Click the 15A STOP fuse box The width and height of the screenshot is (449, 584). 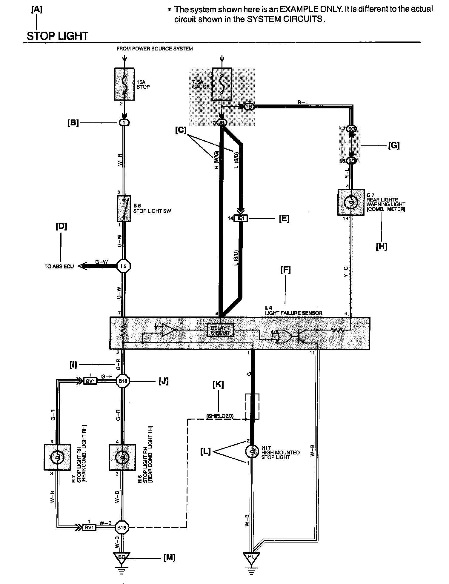(124, 84)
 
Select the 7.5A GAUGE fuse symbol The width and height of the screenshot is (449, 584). (222, 84)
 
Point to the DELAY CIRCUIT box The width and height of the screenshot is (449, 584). (220, 330)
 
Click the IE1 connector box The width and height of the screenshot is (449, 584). (241, 219)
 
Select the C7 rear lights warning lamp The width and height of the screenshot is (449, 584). (351, 202)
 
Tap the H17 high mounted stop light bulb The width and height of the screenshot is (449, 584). (251, 451)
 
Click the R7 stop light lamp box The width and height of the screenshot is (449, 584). (57, 457)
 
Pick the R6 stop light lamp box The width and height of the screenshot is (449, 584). (122, 457)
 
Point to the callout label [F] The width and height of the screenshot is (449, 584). (286, 270)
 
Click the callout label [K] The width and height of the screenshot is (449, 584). (218, 385)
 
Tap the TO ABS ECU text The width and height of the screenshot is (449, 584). (59, 266)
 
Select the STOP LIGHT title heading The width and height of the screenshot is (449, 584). (58, 36)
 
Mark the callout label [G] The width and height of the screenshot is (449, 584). (393, 146)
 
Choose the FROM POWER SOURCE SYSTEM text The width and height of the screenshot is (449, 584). (155, 49)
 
